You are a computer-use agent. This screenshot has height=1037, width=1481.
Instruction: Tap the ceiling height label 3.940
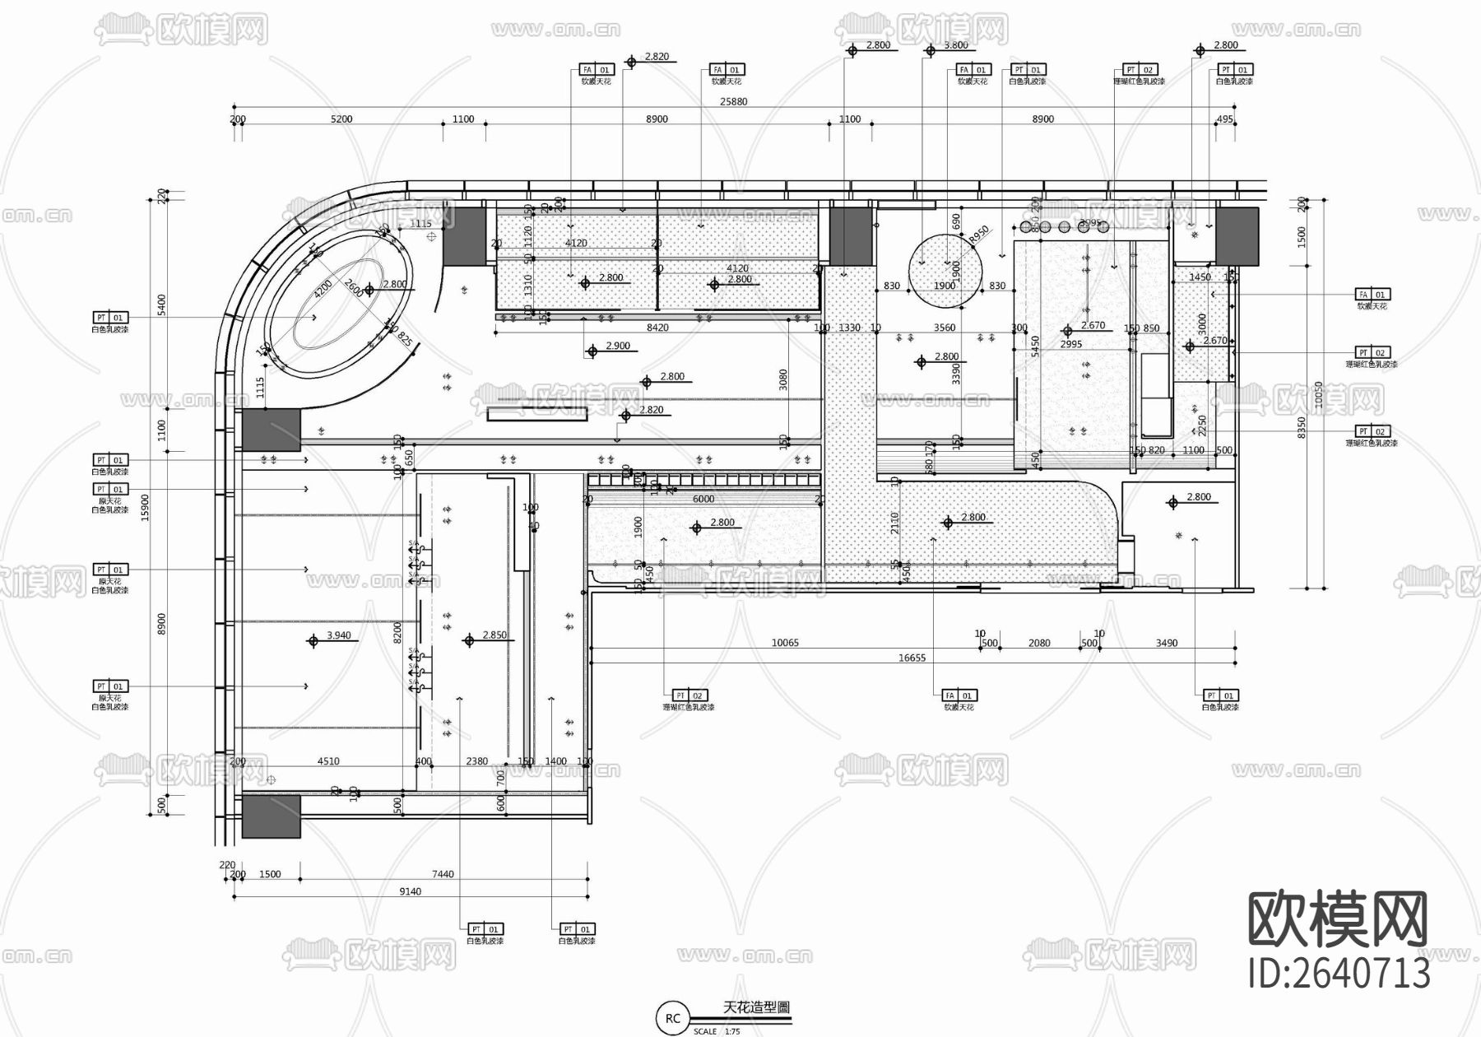(x=338, y=635)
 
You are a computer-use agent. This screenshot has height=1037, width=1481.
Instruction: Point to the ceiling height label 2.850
(x=494, y=635)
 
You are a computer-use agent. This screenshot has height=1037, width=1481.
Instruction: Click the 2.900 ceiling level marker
(x=617, y=346)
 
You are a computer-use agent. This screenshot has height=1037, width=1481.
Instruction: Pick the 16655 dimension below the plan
(x=912, y=658)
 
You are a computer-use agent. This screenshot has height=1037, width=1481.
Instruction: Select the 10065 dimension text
(x=785, y=643)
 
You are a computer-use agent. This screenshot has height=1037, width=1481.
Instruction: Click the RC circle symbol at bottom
(x=673, y=1018)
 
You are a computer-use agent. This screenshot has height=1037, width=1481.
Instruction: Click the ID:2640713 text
(x=1339, y=974)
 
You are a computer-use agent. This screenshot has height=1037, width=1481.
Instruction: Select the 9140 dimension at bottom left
(x=410, y=891)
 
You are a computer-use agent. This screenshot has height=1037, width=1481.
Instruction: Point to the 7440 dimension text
(x=443, y=874)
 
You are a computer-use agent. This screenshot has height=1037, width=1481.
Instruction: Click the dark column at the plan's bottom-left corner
(x=271, y=816)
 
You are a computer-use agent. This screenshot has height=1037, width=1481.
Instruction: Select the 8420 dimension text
(x=657, y=328)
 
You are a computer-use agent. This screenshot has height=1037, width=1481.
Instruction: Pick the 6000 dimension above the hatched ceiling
(x=703, y=499)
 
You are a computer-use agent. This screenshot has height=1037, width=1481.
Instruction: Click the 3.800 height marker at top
(x=955, y=45)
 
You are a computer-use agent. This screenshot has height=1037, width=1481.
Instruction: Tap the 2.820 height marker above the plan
(x=656, y=57)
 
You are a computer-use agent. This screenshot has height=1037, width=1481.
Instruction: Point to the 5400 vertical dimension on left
(x=162, y=305)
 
